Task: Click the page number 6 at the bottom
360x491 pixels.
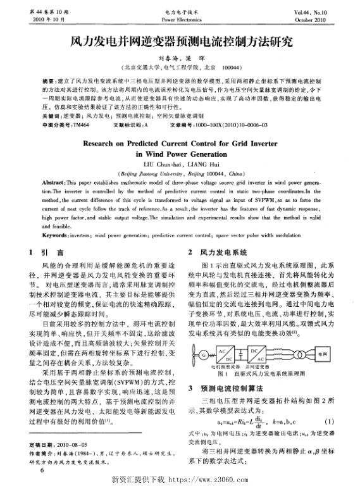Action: [42, 470]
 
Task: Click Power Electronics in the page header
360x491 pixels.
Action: [179, 19]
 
